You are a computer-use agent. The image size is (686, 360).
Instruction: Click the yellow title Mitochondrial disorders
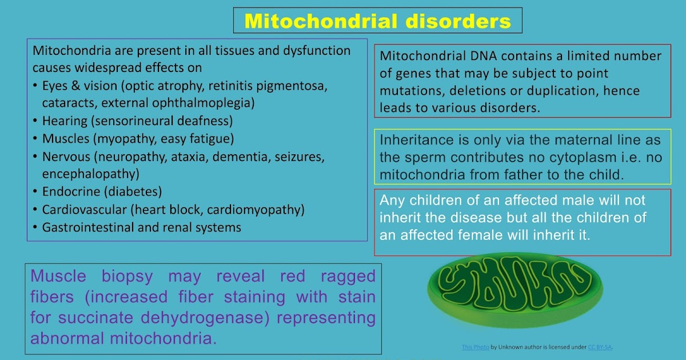point(377,21)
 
